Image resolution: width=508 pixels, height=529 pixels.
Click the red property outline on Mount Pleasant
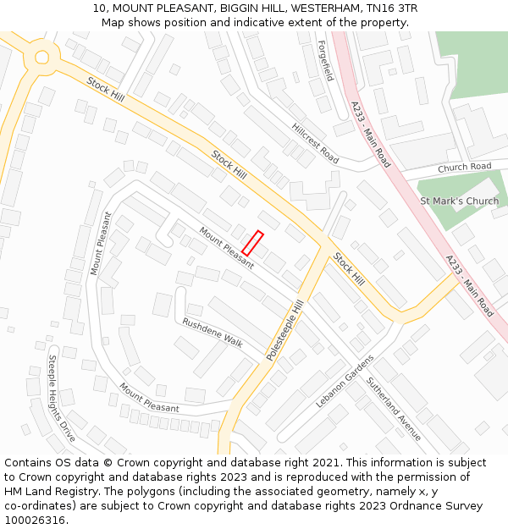(x=252, y=243)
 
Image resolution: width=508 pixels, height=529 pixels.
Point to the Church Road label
(x=464, y=168)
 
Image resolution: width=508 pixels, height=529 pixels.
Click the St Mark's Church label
(x=460, y=201)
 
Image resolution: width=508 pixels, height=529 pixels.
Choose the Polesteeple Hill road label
(x=285, y=330)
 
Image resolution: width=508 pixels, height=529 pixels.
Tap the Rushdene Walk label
(x=213, y=333)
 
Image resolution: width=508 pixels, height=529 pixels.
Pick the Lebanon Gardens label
(x=345, y=380)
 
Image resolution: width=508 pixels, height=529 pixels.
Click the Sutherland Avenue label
(x=394, y=409)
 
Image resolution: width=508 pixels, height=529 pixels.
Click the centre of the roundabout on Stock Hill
(x=40, y=58)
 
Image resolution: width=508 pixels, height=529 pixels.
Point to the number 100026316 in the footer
(x=36, y=521)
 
